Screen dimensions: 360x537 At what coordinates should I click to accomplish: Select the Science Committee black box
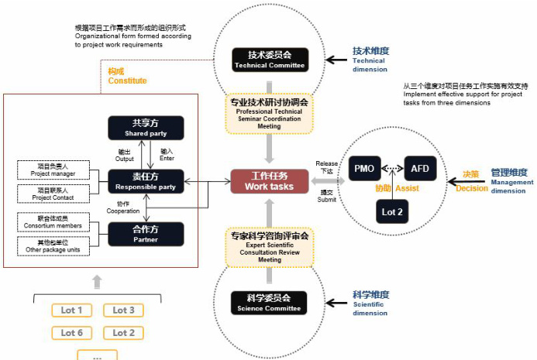pyautogui.click(x=270, y=303)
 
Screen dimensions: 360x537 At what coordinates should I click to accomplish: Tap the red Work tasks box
pyautogui.click(x=270, y=180)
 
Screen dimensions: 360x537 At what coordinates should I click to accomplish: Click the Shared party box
pyautogui.click(x=146, y=128)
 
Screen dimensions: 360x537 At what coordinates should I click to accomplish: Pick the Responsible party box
pyautogui.click(x=146, y=182)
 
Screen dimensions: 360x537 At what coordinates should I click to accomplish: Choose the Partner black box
pyautogui.click(x=146, y=233)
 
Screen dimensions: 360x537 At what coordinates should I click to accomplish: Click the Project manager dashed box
pyautogui.click(x=52, y=170)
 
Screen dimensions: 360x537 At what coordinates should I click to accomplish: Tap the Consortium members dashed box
pyautogui.click(x=52, y=221)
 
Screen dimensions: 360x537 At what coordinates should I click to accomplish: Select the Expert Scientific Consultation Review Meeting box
pyautogui.click(x=270, y=247)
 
